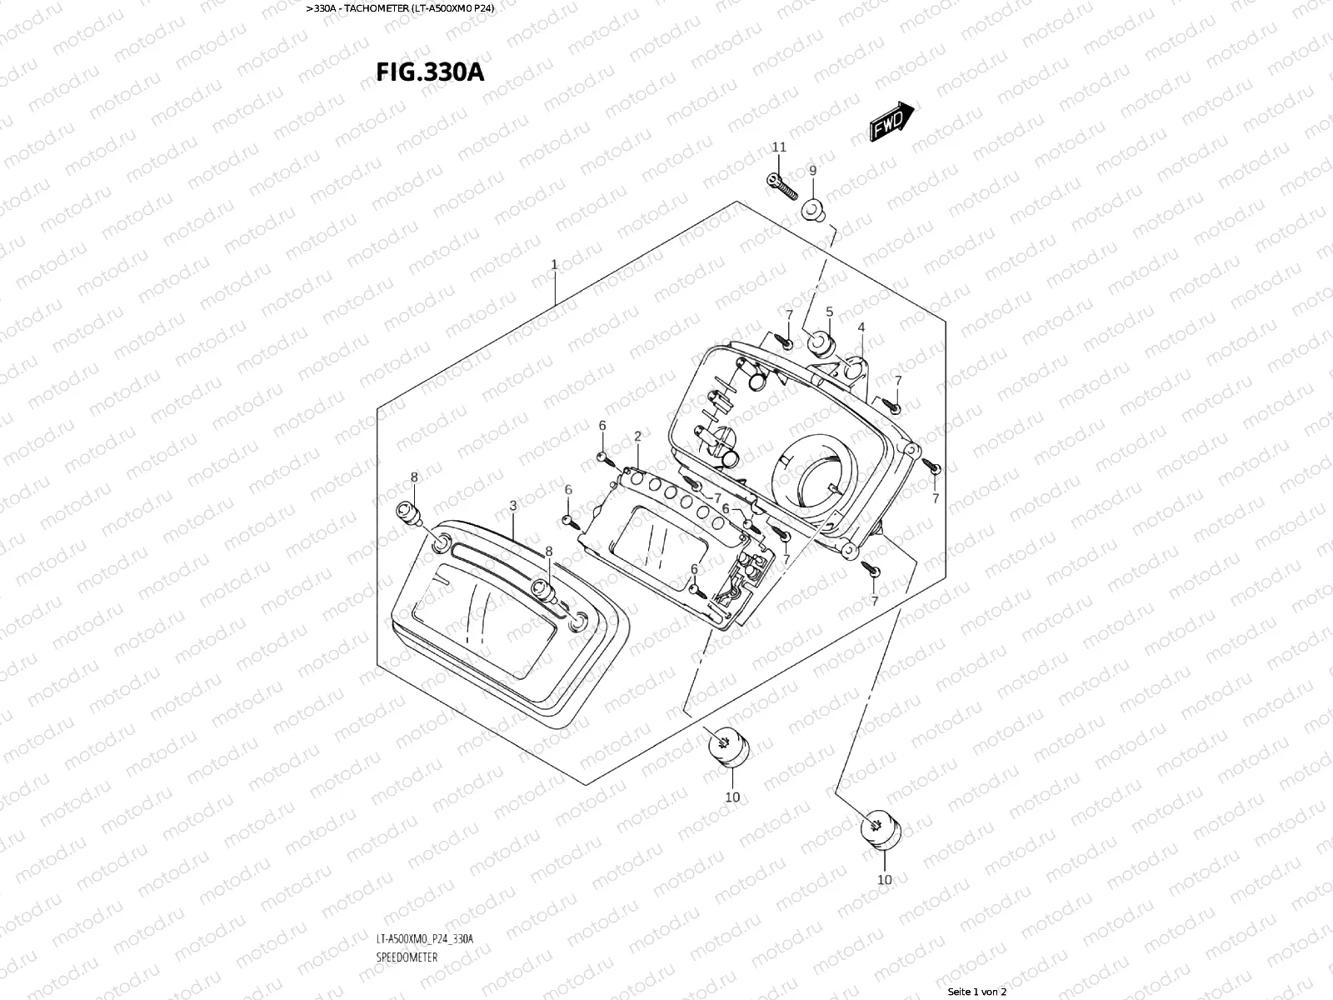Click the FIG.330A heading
430,72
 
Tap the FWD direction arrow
892,122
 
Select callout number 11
779,147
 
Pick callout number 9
813,170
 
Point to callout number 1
554,264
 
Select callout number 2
637,436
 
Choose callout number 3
513,505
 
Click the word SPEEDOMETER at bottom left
407,957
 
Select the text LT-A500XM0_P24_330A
424,939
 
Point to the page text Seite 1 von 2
977,991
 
